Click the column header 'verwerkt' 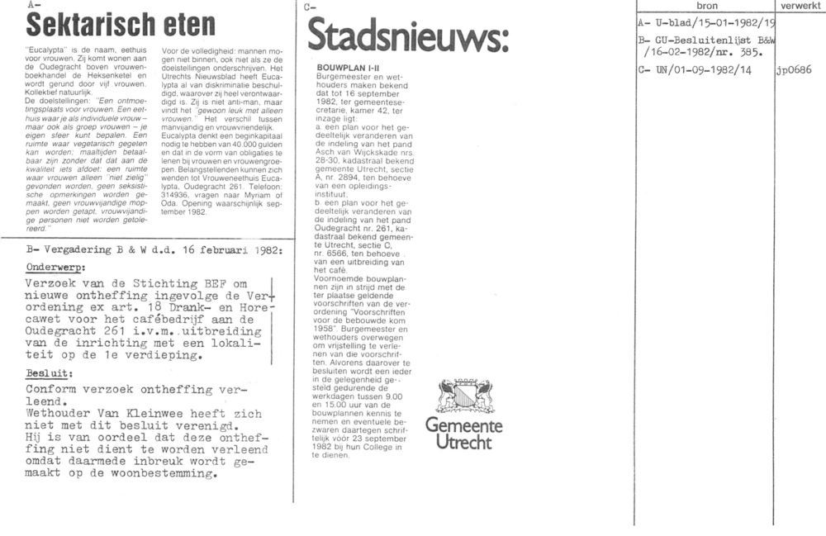(x=799, y=5)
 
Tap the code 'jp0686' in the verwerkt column (x=795, y=69)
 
